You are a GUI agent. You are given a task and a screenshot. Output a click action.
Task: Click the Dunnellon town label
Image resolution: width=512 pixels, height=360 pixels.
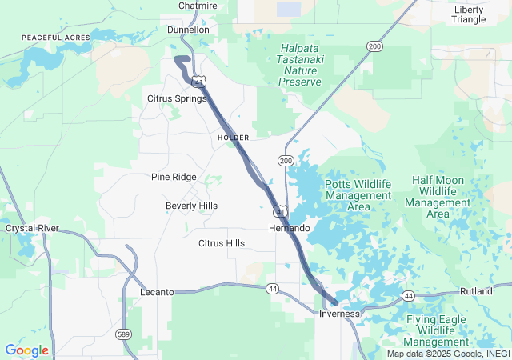[188, 30]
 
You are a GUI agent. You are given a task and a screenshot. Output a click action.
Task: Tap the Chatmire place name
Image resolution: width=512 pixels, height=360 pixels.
[198, 6]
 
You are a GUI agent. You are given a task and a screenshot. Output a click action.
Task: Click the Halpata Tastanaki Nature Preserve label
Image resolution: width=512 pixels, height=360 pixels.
[300, 65]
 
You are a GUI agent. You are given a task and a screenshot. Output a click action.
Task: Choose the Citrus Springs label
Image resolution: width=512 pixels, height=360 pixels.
[177, 98]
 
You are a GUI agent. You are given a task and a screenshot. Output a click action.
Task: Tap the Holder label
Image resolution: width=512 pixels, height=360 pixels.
[233, 138]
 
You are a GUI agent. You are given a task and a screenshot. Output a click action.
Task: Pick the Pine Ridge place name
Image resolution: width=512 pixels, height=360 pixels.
[174, 177]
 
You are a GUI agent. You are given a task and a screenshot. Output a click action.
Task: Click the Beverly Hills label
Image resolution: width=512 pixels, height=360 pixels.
[191, 206]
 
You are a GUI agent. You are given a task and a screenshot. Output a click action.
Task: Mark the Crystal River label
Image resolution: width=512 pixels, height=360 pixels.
[32, 228]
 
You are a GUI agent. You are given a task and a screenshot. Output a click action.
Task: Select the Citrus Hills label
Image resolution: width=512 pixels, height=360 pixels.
[222, 242]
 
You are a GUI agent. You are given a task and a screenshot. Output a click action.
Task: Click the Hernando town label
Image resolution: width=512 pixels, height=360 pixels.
[289, 228]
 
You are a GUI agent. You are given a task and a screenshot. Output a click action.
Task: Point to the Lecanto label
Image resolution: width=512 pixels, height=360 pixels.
[157, 292]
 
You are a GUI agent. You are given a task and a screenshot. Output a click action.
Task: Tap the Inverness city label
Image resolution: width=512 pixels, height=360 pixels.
[340, 314]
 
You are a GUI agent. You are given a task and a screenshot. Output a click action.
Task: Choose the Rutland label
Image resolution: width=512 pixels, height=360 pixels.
[477, 291]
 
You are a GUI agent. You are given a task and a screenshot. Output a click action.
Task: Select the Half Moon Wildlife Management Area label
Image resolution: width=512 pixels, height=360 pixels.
[438, 197]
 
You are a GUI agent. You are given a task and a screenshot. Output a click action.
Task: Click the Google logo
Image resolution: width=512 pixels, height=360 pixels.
[26, 350]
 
